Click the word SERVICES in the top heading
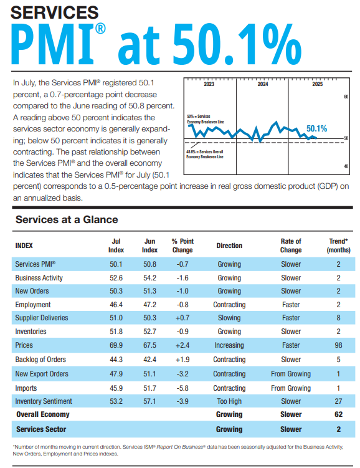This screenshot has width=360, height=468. pos(55,12)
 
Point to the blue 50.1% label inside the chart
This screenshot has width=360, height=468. pos(316,129)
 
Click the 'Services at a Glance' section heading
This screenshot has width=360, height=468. pos(67,219)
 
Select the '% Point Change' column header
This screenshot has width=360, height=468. pos(182,246)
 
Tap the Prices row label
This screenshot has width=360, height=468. pos(24,345)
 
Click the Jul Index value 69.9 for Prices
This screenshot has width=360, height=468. pos(116,345)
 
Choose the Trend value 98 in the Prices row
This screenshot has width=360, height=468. pos(338,345)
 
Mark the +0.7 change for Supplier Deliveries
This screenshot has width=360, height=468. pos(182,318)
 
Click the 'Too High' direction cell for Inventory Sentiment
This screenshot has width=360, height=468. pos(229,401)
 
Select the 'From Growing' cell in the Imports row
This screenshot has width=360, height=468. pos(291,388)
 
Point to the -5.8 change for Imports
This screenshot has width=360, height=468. pos(182,388)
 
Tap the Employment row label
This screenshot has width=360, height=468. pos(34,305)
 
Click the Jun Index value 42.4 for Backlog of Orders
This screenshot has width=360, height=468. pos(149,360)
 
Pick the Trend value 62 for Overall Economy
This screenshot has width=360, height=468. pos(338,414)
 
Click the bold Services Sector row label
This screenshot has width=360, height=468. pos(41,429)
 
